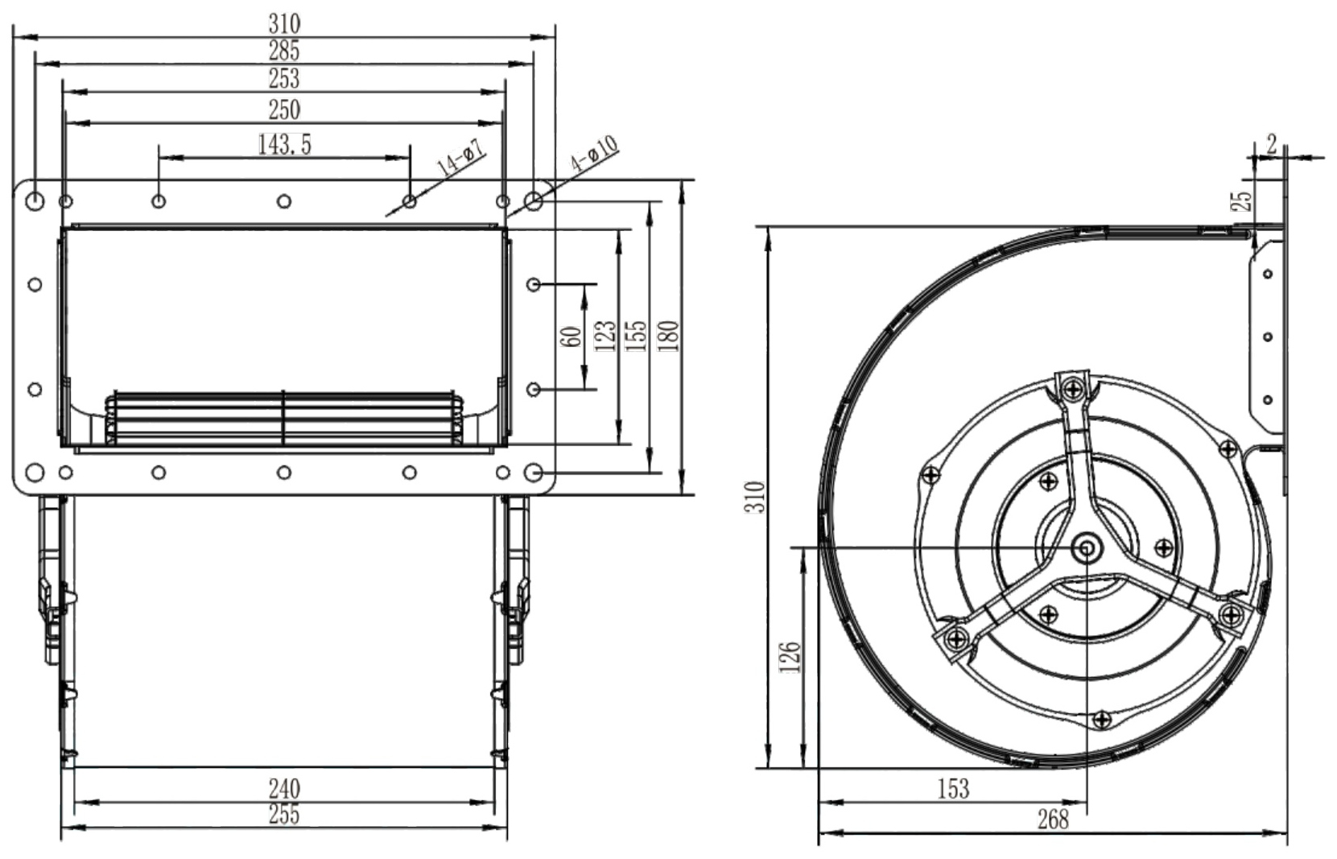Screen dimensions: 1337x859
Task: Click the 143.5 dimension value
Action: coord(284,144)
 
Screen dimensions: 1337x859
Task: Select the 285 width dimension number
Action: coord(284,52)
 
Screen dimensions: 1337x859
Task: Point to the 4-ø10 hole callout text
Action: coord(594,154)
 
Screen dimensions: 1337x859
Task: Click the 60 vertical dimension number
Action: coord(572,337)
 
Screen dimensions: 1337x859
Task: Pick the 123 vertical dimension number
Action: coord(605,336)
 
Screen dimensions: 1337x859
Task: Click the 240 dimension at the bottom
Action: coord(284,789)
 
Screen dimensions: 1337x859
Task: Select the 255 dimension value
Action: coord(284,815)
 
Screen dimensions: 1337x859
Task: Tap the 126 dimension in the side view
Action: coord(790,657)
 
